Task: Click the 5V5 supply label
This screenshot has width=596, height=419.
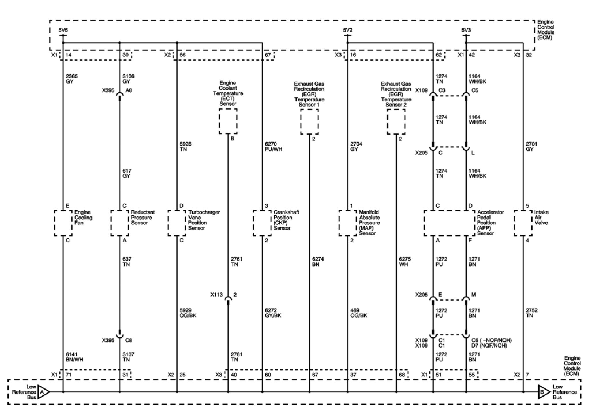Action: pyautogui.click(x=63, y=30)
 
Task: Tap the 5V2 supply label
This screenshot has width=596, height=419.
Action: pyautogui.click(x=348, y=30)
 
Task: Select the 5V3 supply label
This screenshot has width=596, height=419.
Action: pyautogui.click(x=466, y=30)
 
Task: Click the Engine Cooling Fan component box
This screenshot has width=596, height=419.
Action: pyautogui.click(x=63, y=223)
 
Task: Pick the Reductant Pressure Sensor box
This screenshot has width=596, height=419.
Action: pyautogui.click(x=120, y=223)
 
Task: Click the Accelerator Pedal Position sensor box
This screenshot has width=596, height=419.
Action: pyautogui.click(x=449, y=223)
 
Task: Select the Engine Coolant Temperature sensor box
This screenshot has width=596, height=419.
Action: pyautogui.click(x=228, y=121)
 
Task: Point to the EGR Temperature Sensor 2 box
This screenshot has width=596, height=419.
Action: pyautogui.click(x=396, y=121)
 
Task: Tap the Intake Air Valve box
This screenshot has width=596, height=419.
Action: pyautogui.click(x=523, y=223)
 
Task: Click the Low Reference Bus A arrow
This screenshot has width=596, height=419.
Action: pyautogui.click(x=43, y=392)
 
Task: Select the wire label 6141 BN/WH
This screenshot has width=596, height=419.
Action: pyautogui.click(x=74, y=357)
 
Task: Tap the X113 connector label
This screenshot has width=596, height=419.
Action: pyautogui.click(x=216, y=295)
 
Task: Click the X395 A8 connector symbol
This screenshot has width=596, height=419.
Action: pyautogui.click(x=120, y=95)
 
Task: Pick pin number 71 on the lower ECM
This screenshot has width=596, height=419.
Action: pyautogui.click(x=69, y=375)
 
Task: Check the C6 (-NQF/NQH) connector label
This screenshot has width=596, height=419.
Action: pyautogui.click(x=490, y=340)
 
